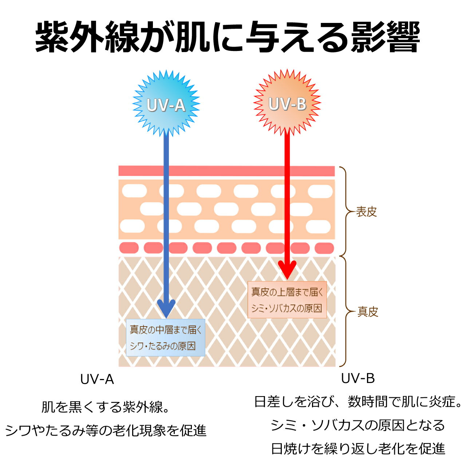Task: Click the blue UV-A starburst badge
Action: (x=166, y=104)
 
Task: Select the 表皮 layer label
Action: (x=366, y=212)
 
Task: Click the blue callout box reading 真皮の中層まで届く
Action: (x=166, y=337)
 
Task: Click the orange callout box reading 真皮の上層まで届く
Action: (x=287, y=300)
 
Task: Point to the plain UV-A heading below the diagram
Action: (x=97, y=380)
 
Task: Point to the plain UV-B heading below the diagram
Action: (x=358, y=379)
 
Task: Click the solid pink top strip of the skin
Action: (x=226, y=171)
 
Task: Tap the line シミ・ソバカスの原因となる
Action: (x=358, y=425)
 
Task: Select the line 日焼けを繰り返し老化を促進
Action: (x=358, y=449)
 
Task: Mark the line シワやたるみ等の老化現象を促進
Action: (x=106, y=431)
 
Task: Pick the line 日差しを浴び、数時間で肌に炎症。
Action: (x=358, y=402)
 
